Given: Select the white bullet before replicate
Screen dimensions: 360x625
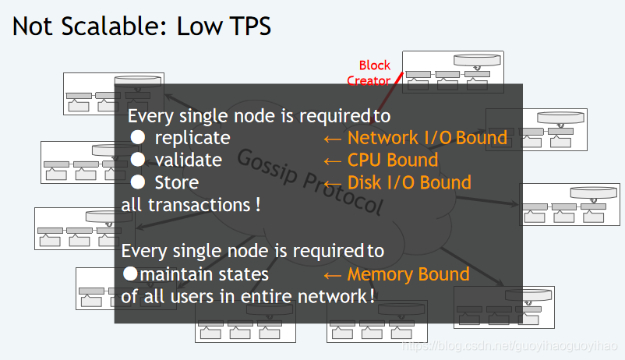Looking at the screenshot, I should coord(138,138).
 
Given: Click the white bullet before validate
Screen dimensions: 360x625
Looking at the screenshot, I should coord(138,160).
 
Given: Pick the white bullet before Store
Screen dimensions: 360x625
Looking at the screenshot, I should coord(138,182).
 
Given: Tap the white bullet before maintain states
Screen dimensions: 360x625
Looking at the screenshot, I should coord(131,274).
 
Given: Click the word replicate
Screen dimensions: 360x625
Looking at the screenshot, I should coord(192,138).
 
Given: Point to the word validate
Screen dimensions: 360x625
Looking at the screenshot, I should coord(188,160).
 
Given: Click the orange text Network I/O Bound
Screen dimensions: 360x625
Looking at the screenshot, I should coord(427,138).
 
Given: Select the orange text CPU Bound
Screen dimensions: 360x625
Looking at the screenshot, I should coord(392,161).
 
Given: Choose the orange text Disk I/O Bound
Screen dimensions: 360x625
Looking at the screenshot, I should coord(409,182).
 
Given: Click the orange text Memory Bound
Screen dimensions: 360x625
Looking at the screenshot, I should coord(408,274).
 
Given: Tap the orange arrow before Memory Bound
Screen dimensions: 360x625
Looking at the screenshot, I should coord(333,275).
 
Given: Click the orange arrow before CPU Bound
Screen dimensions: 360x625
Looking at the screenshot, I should coord(333,161).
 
